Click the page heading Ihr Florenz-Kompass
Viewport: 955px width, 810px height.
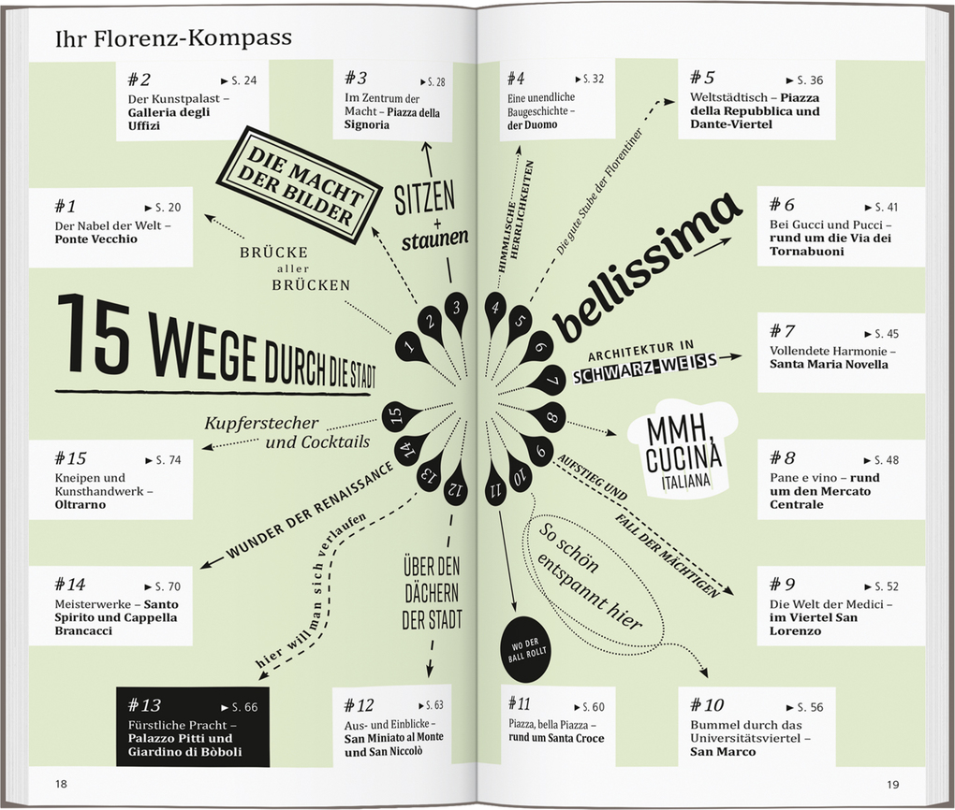pyautogui.click(x=173, y=38)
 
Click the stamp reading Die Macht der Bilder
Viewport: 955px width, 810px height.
pyautogui.click(x=299, y=185)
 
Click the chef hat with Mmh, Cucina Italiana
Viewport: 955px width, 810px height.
pyautogui.click(x=683, y=447)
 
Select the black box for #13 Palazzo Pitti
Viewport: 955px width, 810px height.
pyautogui.click(x=193, y=728)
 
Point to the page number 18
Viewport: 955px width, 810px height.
pyautogui.click(x=61, y=784)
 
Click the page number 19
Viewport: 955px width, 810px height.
pyautogui.click(x=892, y=785)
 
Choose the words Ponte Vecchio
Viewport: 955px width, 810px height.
pyautogui.click(x=96, y=239)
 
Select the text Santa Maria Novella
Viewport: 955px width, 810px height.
pyautogui.click(x=829, y=365)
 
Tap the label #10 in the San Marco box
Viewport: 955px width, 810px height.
pyautogui.click(x=707, y=704)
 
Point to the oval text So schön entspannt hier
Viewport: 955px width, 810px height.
pyautogui.click(x=590, y=576)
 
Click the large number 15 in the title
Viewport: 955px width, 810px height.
pyautogui.click(x=94, y=332)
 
